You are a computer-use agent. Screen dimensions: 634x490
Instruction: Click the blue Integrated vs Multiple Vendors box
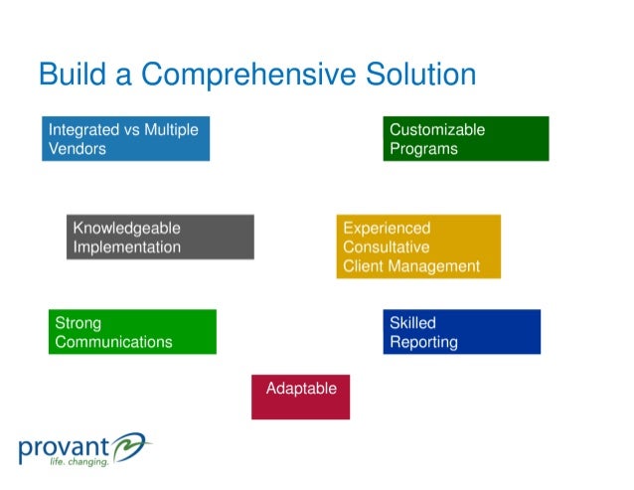[126, 139]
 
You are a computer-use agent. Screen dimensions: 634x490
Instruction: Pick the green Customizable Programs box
[465, 139]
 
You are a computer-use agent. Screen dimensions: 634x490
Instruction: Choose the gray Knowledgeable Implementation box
[160, 238]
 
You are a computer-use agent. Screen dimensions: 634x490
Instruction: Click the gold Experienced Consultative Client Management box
[418, 246]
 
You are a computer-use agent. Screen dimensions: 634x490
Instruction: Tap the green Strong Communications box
[132, 332]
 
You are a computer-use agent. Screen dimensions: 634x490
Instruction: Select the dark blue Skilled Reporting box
[461, 332]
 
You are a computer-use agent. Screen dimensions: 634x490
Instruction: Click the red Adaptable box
[300, 397]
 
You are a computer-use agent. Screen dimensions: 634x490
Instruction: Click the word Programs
[423, 149]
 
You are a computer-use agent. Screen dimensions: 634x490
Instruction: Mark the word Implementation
[127, 247]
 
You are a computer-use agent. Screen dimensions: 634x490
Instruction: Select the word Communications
[113, 342]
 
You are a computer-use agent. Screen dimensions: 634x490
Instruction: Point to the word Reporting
[423, 342]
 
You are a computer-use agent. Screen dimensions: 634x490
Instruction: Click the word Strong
[79, 323]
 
